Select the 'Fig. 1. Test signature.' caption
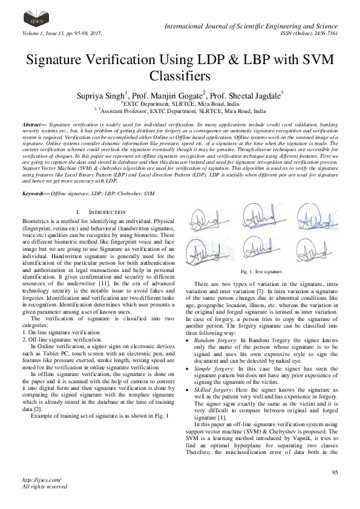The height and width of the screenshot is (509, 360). (x=261, y=272)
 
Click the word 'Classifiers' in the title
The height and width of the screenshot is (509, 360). (x=180, y=77)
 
